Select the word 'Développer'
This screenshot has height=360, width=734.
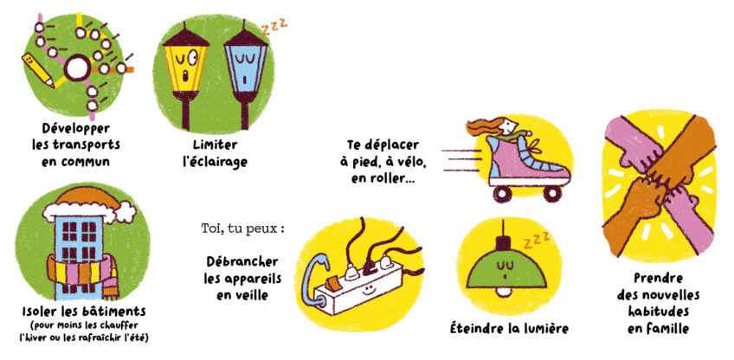[x=68, y=128]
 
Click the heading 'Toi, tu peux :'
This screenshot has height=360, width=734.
[x=243, y=229]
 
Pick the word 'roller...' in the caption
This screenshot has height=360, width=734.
[x=391, y=179]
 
